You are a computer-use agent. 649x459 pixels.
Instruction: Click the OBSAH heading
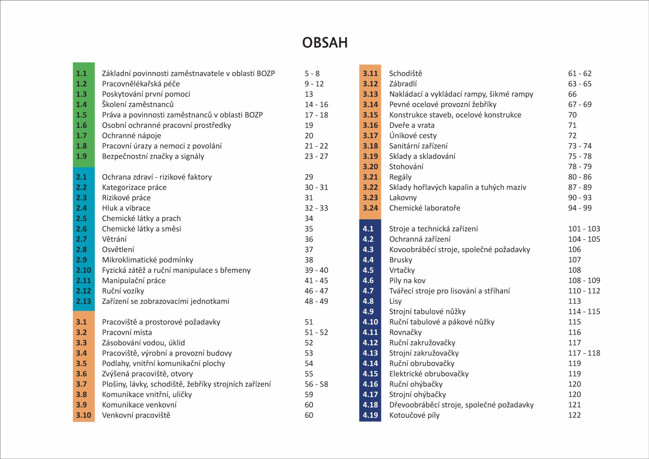pos(325,43)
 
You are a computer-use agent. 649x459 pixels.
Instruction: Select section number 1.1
pos(82,73)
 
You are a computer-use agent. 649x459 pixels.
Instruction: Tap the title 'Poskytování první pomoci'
pos(146,94)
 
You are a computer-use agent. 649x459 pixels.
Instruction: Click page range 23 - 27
pos(316,156)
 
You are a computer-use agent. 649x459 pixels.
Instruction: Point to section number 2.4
pos(82,208)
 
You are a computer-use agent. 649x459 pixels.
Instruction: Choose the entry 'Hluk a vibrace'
pos(126,208)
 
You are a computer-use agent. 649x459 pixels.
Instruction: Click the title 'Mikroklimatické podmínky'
pos(148,260)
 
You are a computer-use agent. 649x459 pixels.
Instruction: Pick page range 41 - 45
pos(316,281)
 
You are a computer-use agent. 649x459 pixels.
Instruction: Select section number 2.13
pos(84,301)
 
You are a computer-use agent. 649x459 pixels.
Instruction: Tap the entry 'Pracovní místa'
pos(127,332)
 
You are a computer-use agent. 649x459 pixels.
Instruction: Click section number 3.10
pos(84,415)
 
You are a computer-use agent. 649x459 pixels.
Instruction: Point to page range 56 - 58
pos(316,384)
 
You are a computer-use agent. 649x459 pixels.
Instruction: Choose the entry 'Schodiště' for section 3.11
pos(406,73)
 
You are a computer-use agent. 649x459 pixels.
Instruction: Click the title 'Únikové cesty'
pos(413,135)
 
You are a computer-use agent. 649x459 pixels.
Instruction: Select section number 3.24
pos(370,208)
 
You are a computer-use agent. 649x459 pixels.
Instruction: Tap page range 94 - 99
pos(580,208)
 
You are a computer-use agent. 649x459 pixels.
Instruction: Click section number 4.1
pos(368,229)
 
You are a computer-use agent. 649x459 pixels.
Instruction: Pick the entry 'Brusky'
pos(401,260)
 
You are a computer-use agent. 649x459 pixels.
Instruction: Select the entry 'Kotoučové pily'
pos(415,415)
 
